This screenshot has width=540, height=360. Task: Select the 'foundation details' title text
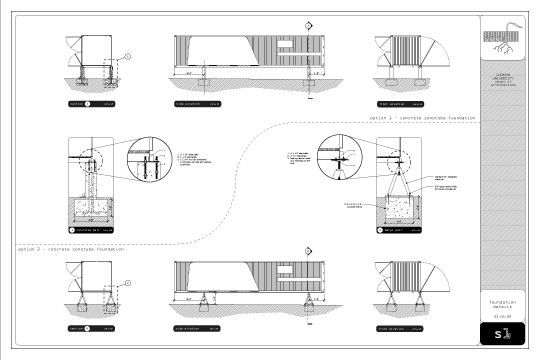503,302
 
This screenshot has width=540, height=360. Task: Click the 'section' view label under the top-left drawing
77,103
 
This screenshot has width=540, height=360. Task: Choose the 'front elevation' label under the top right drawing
392,103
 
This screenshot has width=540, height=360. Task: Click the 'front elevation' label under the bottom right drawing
392,327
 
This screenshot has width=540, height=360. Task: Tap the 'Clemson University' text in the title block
503,78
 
